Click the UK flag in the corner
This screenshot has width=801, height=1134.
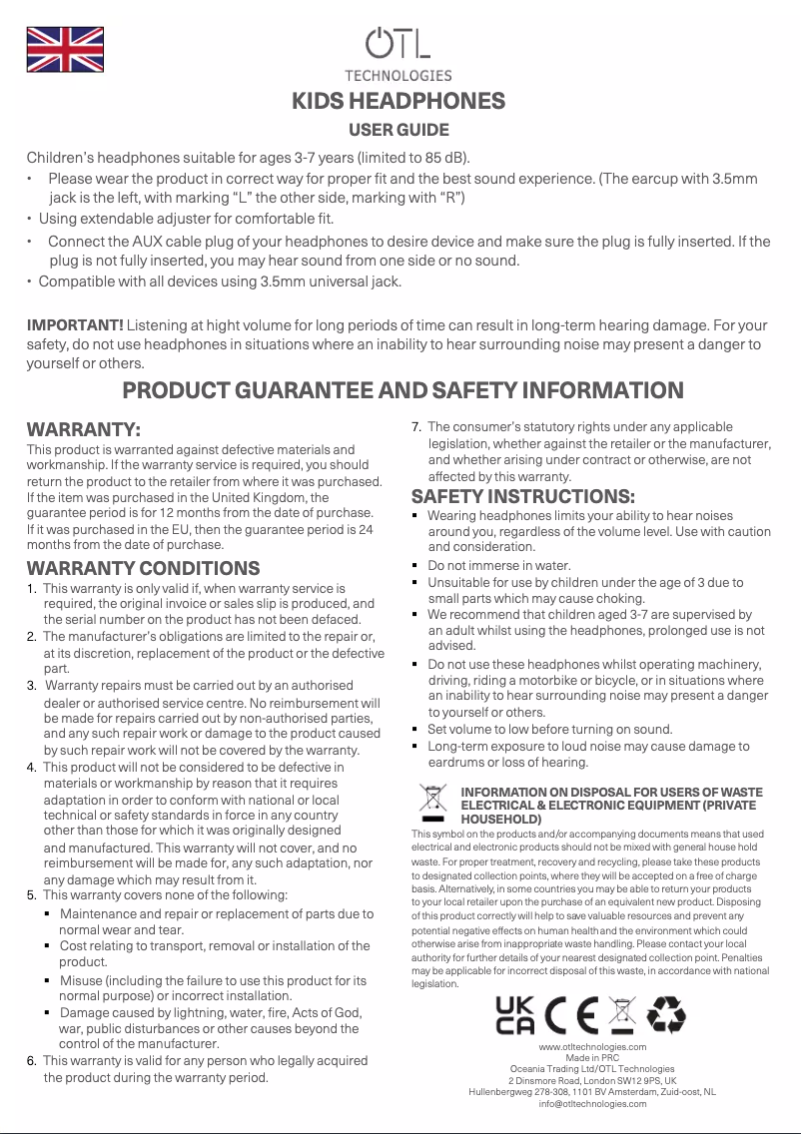[64, 50]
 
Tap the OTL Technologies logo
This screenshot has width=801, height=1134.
[399, 52]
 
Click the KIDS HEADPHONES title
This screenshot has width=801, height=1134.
[398, 102]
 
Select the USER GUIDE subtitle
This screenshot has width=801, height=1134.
[399, 130]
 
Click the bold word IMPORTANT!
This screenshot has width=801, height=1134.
[75, 325]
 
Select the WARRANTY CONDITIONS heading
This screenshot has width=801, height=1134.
[143, 568]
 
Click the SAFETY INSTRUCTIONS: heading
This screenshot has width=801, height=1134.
[523, 496]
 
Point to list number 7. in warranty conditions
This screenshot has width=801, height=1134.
[417, 427]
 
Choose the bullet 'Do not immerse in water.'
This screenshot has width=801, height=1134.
[499, 565]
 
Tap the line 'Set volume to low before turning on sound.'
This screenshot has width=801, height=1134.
[550, 729]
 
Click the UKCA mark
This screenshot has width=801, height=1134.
[514, 1014]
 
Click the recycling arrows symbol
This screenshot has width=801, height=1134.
[666, 1014]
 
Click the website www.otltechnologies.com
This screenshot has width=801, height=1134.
[592, 1046]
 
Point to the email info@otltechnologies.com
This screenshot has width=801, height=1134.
[592, 1103]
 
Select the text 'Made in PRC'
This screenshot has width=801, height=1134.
[592, 1057]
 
